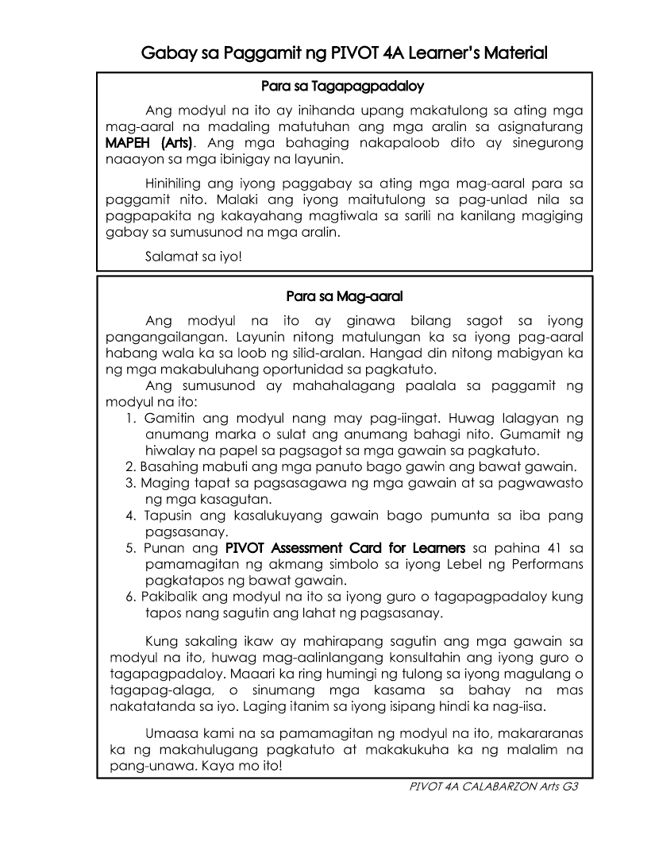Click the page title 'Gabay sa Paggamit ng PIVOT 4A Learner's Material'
345,54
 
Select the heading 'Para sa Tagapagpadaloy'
345,84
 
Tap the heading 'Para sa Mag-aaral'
345,296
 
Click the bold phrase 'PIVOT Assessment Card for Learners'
345,548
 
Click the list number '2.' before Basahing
131,466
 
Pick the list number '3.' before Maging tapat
131,482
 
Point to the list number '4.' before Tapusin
131,516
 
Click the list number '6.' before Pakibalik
131,597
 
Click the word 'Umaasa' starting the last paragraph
172,732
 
